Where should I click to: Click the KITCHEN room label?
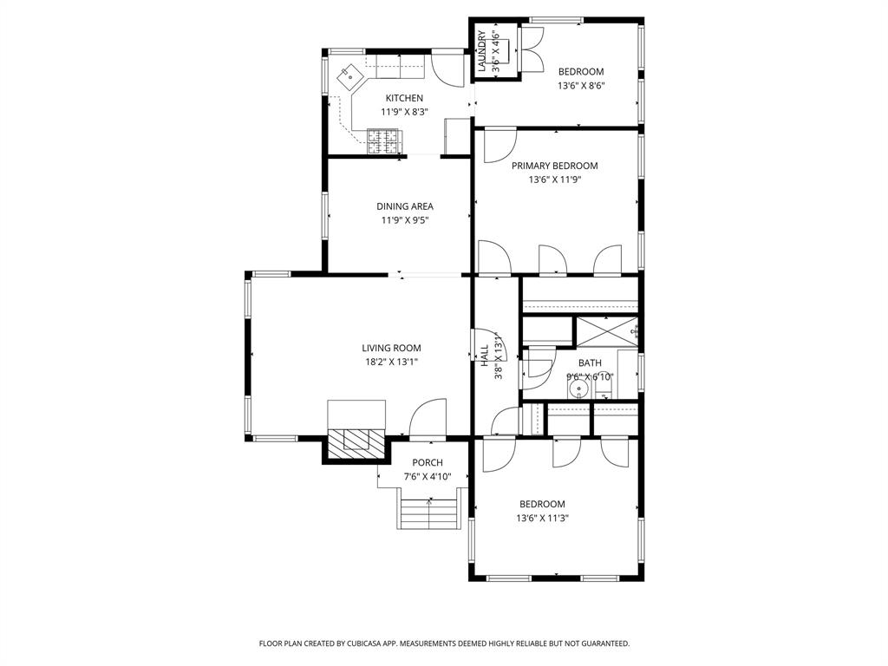point(404,98)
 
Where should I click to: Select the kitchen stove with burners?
point(385,140)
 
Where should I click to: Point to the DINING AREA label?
point(404,206)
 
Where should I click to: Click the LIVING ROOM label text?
point(391,348)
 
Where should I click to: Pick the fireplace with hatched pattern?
point(356,441)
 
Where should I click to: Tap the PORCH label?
point(428,463)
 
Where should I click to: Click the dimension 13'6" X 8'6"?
point(580,86)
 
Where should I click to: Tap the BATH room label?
point(590,363)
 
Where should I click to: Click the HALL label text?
point(484,356)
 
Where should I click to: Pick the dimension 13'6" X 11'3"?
point(542,519)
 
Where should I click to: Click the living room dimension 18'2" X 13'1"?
point(391,362)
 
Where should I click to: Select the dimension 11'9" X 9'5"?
point(404,220)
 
